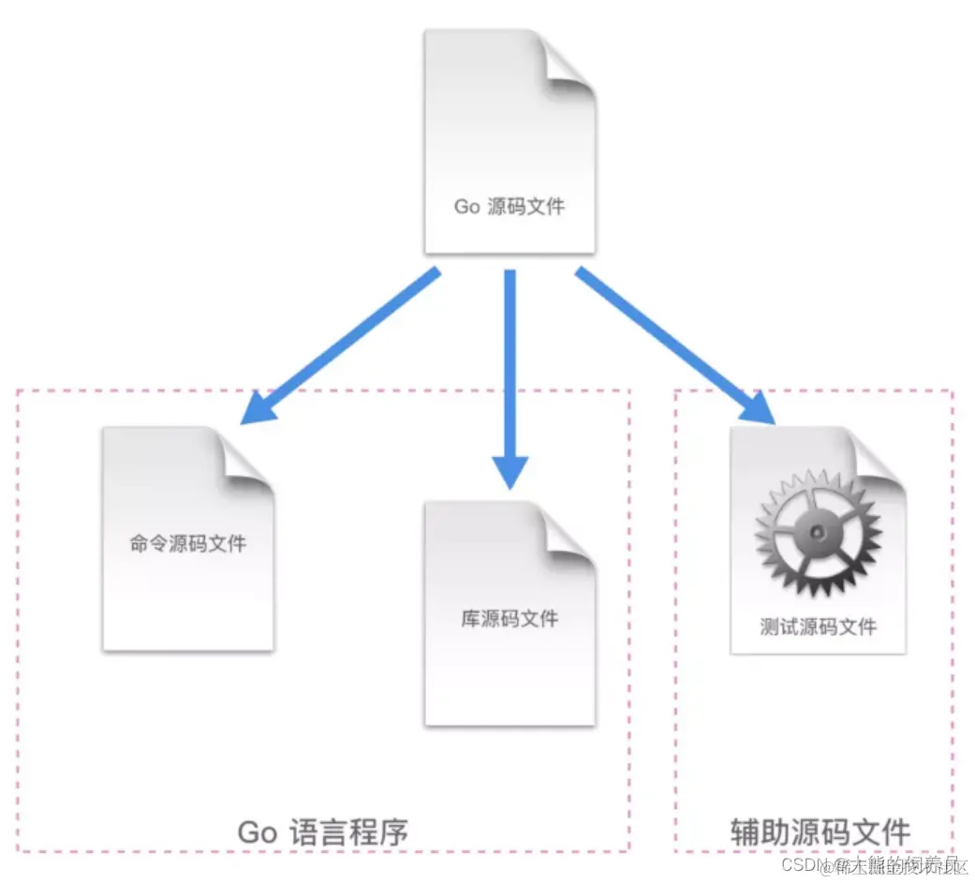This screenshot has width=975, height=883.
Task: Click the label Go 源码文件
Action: tap(510, 206)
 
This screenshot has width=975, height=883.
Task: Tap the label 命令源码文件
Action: tap(188, 543)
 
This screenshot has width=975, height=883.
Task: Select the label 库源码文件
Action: tap(510, 619)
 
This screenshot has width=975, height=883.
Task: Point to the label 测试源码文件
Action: tap(819, 625)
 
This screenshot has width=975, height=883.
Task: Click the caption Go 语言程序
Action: tap(323, 831)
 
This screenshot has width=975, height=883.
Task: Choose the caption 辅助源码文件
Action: tap(820, 831)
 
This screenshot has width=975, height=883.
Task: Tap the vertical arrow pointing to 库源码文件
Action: tap(510, 375)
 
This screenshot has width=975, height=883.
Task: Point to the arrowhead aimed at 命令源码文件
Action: tap(258, 410)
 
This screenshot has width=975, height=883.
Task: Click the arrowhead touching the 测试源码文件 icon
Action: tap(759, 408)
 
